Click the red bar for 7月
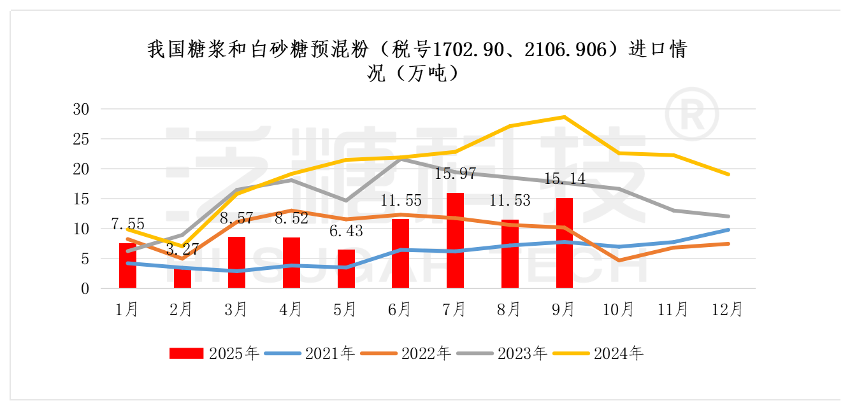coord(455,241)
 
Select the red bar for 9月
coord(565,243)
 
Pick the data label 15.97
coord(456,174)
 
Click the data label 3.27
coord(182,249)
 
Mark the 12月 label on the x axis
coord(728,309)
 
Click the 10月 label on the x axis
coord(619,309)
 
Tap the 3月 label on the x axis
coord(236,309)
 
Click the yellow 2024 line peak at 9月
coord(565,117)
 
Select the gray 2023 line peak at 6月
coord(400,158)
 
